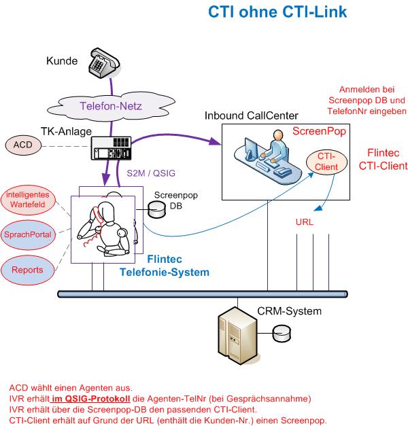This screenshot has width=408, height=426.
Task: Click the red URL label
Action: (304, 222)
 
